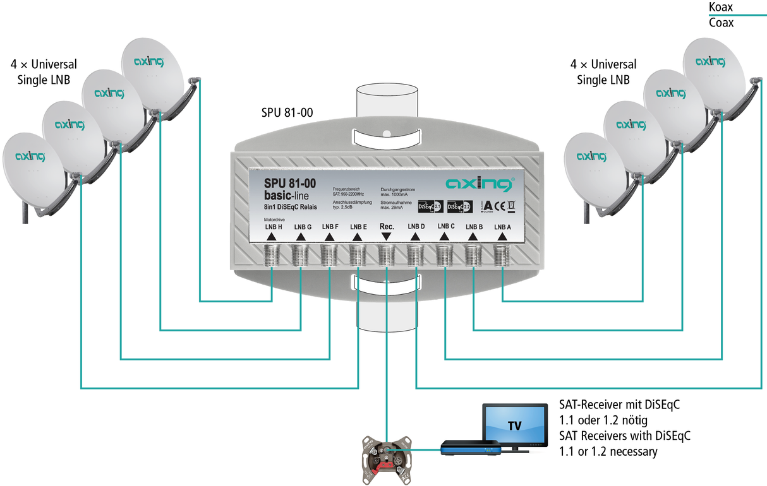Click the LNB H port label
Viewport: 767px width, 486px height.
(273, 227)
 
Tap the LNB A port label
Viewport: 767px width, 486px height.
(502, 227)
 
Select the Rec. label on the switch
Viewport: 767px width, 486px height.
(387, 226)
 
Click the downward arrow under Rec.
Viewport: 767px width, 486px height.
(387, 237)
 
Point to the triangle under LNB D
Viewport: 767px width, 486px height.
(416, 237)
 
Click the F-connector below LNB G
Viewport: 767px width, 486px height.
(299, 255)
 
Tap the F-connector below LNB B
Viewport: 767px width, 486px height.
(474, 255)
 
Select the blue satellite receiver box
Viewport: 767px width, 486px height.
(471, 449)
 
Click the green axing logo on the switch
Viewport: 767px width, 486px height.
(480, 184)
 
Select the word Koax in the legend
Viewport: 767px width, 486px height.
(722, 8)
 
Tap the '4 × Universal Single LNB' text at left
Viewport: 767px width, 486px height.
(44, 72)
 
